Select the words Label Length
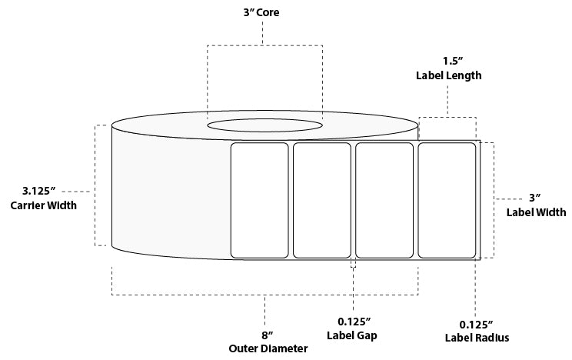coord(448,75)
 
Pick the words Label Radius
coord(477,338)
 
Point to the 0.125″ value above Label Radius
coord(477,323)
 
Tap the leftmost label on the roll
coord(259,200)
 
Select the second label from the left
coord(321,200)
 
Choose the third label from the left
coord(384,200)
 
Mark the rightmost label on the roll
coord(446,200)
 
